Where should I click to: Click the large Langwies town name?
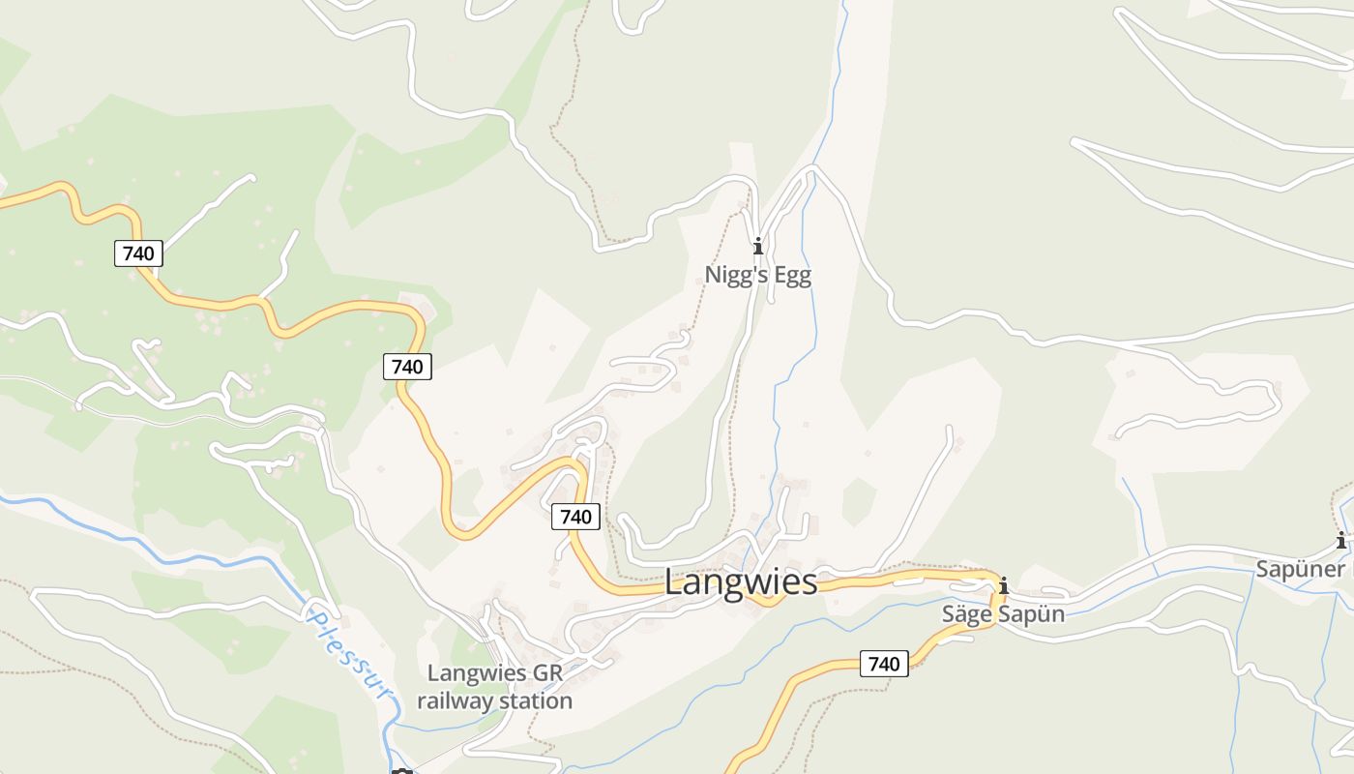pos(741,582)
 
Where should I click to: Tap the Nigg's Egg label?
pos(757,275)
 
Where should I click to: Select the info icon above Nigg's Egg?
pos(757,246)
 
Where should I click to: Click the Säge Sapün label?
pos(1003,614)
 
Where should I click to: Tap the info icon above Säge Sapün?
pos(1003,585)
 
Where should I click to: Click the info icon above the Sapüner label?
pos(1340,541)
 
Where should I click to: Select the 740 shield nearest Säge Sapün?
pos(884,664)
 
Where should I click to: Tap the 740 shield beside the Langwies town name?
pos(575,517)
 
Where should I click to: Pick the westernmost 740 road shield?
pos(138,253)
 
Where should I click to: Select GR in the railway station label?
pos(546,673)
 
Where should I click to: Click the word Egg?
pos(792,275)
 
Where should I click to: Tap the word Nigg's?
pos(737,275)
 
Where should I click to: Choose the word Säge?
pos(967,614)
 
